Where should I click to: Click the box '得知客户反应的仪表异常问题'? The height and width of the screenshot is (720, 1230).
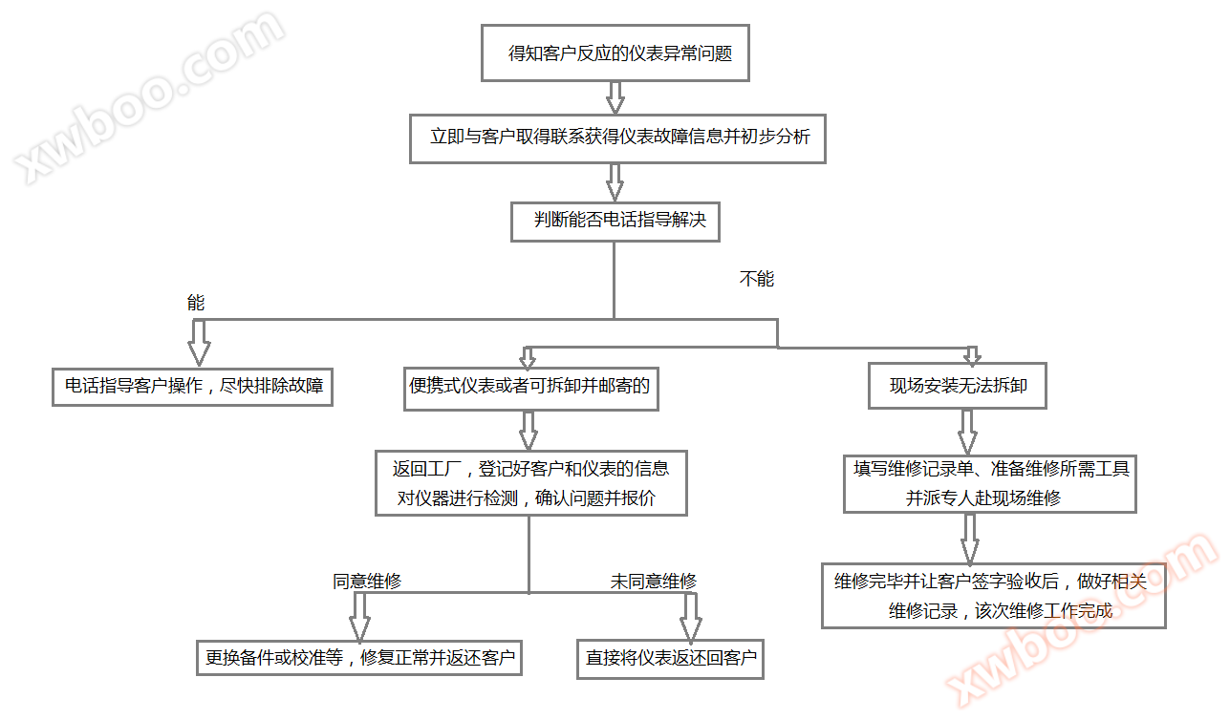[x=615, y=53]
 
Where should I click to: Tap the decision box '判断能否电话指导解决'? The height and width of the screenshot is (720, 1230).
[x=615, y=221]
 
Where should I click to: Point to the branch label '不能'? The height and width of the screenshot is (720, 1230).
[x=756, y=279]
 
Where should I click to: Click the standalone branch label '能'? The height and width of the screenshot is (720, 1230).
[x=196, y=303]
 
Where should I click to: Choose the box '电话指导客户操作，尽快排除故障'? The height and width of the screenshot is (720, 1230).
[x=192, y=387]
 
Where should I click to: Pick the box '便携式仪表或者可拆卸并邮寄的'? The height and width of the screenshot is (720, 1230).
[x=530, y=387]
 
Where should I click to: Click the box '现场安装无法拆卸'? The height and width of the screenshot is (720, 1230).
[x=958, y=387]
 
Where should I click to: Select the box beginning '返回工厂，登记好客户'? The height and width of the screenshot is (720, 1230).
[x=530, y=483]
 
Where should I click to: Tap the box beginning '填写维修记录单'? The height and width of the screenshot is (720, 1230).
[x=990, y=483]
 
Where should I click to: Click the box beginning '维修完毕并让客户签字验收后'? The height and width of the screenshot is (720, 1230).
[x=993, y=596]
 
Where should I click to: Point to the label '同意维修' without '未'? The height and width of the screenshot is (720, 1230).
[x=366, y=581]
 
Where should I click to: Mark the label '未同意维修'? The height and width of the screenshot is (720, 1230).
[x=654, y=581]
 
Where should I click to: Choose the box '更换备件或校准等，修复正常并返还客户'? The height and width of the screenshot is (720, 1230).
[x=359, y=657]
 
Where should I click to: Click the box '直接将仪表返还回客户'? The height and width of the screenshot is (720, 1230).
[x=670, y=658]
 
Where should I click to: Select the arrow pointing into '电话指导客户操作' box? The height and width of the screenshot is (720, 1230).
[x=199, y=341]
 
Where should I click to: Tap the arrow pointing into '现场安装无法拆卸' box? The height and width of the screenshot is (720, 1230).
[x=971, y=354]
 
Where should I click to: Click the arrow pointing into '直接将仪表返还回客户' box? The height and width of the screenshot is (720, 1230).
[x=691, y=618]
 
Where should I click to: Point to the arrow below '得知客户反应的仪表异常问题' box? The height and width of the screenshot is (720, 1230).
[x=615, y=97]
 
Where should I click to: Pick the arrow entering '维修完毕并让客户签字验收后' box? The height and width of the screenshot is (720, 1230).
[x=969, y=540]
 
